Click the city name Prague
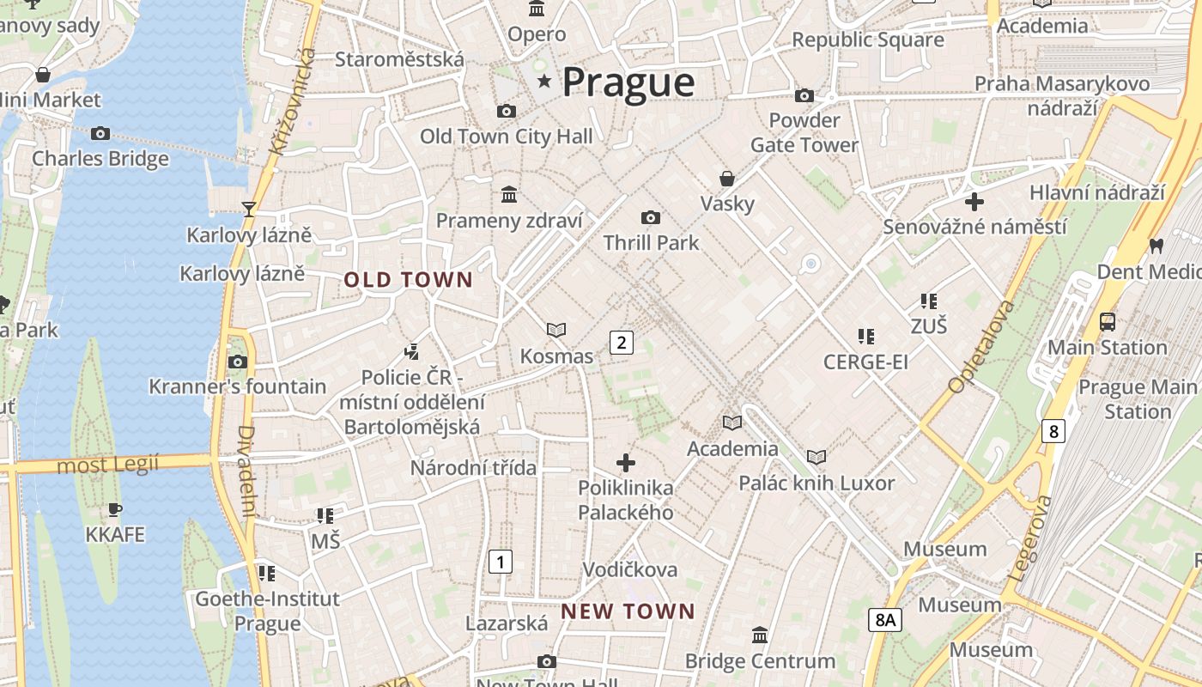pos(628,82)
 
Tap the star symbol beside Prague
pos(543,82)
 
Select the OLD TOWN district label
pos(409,280)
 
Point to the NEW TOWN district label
pos(628,611)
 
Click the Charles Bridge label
pos(100,159)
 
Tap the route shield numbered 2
pos(621,343)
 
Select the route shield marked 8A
pos(884,619)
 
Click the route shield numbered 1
pos(500,562)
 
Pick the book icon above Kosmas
pos(556,330)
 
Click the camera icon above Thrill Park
pos(651,217)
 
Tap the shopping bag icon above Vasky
pos(727,179)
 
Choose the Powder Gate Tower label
pos(804,132)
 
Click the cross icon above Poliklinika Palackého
pos(626,463)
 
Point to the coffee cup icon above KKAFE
pos(115,509)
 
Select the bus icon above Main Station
pos(1108,322)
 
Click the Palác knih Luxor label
pos(817,483)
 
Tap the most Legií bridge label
pos(108,465)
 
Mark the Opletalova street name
pos(980,347)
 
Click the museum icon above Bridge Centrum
pos(760,635)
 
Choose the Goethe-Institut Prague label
pos(267,611)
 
